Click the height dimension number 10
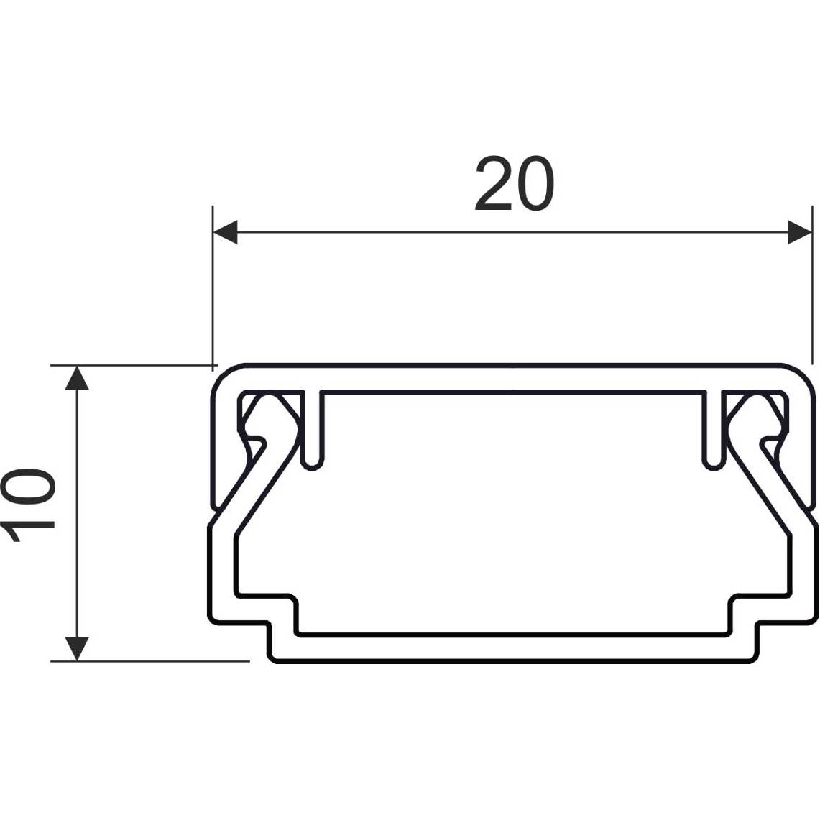[28, 505]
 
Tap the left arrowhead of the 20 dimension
[226, 232]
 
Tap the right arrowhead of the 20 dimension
[800, 232]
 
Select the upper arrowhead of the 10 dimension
[77, 377]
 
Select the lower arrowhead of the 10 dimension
[77, 648]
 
